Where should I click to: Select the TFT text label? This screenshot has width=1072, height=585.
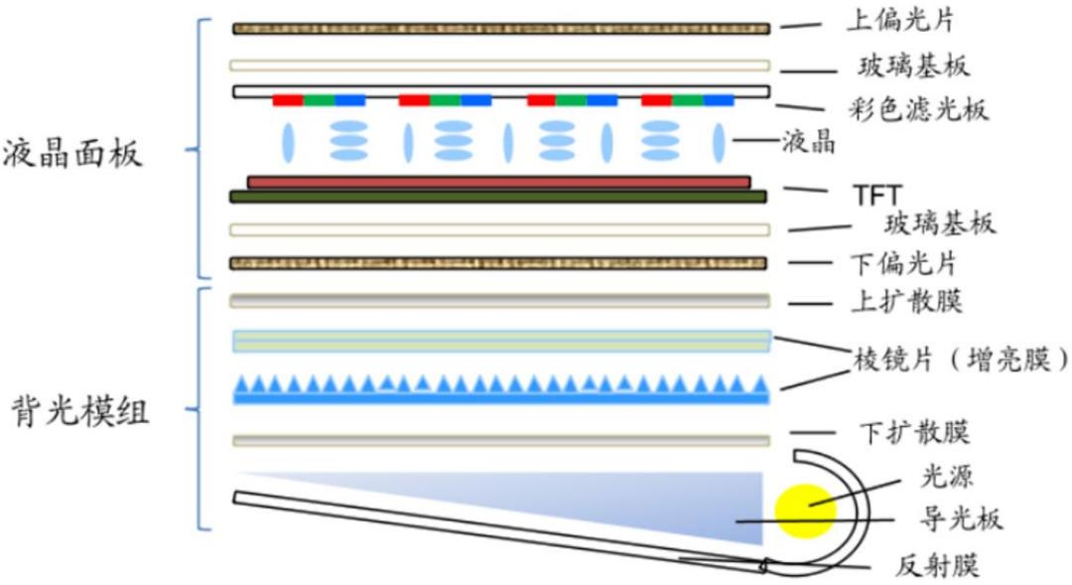877,195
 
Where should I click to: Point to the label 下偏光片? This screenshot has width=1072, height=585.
903,263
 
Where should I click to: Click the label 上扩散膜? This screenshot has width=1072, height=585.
906,301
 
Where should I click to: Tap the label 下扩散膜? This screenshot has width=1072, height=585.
914,432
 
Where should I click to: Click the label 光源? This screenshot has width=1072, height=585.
946,476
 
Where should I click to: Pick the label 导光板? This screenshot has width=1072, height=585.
961,518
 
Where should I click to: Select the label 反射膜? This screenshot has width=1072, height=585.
937,566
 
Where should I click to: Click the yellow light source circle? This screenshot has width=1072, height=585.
805,511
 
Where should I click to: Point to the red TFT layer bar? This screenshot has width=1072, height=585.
499,183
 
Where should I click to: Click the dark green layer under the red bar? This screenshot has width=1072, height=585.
497,197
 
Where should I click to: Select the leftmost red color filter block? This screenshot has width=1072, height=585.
288,100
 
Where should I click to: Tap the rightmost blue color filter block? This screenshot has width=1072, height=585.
719,100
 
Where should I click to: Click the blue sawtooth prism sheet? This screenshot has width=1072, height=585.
501,388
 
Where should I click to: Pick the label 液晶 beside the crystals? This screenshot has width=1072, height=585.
810,142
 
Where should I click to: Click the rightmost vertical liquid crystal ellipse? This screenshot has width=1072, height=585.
719,142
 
